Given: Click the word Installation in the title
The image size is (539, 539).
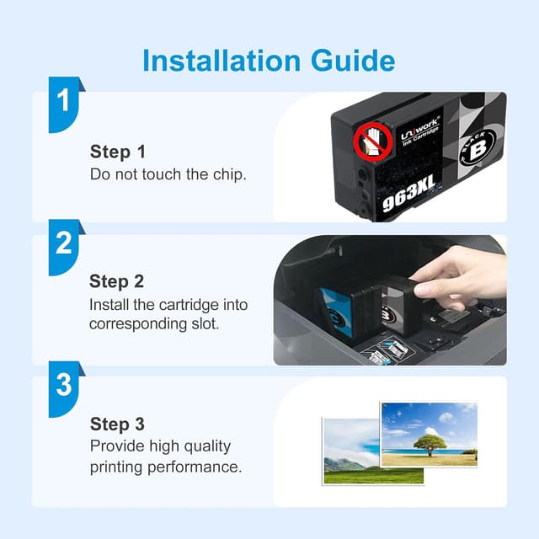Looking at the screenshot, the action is tap(221, 61).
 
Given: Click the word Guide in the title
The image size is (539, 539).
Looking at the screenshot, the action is tap(353, 61).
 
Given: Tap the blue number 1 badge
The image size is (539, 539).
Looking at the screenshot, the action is tap(66, 104).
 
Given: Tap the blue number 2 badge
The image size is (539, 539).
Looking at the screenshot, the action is tap(66, 247).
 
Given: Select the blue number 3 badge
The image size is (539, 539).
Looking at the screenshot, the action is tap(66, 389).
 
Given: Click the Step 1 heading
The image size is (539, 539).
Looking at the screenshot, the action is tap(118, 152).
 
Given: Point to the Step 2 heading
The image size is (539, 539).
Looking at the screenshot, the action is tap(116, 281).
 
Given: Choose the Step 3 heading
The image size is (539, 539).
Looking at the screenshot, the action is tap(117, 424).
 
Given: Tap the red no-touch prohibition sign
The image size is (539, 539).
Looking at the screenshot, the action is tap(373, 141).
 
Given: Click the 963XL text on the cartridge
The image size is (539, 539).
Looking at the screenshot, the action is tap(409, 194).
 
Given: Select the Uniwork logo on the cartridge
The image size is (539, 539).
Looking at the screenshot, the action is tap(420, 132).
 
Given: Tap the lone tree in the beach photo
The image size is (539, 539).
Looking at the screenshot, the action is tap(430, 445).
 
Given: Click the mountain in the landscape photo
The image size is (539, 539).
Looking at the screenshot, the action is tap(344, 465).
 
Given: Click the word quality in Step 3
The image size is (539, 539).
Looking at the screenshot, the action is tap(207, 447).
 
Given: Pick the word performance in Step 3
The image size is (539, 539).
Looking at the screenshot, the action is tap(195, 467).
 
